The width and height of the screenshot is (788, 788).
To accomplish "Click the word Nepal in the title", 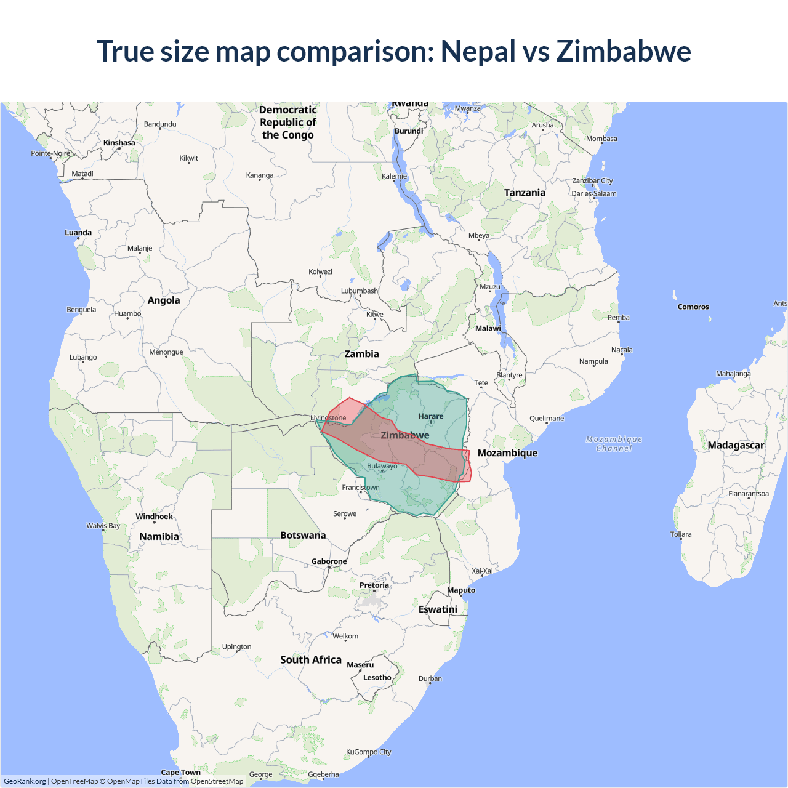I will [478, 51].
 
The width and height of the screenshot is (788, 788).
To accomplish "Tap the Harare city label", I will [431, 417].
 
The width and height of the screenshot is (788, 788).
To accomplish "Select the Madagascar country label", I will [736, 445].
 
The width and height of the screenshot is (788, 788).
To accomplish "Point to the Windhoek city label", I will [154, 517].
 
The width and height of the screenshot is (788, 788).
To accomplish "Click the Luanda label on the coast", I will [78, 233].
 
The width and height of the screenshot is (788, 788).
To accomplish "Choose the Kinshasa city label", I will [119, 143].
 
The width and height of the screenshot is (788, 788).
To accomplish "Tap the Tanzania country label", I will [525, 193].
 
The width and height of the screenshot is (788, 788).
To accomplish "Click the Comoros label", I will [693, 307].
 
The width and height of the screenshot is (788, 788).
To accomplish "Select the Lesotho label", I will [377, 678].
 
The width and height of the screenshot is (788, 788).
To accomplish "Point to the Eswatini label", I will [438, 609].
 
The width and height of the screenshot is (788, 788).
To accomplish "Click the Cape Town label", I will [180, 772].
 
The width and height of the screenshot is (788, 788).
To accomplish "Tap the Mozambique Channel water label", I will [614, 444].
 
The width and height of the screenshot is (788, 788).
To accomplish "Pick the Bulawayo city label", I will [382, 466].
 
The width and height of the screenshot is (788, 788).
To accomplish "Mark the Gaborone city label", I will [329, 561].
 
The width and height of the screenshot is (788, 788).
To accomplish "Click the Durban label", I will [430, 679].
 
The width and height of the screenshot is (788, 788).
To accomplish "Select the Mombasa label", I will [601, 139].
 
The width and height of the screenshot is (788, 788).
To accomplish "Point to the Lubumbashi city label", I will [360, 291].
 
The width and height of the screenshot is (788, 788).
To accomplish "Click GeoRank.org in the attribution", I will [25, 781].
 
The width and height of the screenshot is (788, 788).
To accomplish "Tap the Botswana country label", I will [303, 536].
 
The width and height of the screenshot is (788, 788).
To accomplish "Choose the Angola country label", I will [164, 300].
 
